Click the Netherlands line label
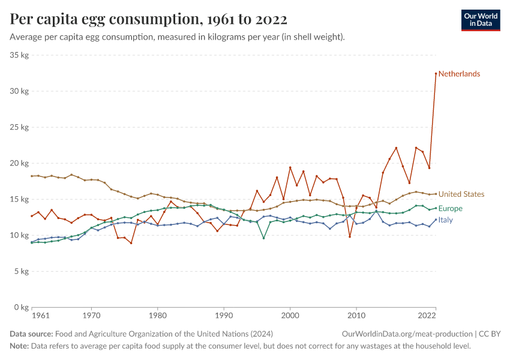coord(459,74)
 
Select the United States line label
coord(461,194)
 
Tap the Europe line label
coord(450,209)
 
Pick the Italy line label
coord(446,220)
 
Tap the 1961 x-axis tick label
coord(41,315)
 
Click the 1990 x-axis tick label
coord(224,315)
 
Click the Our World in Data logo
coord(480,20)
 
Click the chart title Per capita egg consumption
coord(148,19)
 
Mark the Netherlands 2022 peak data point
coord(436,73)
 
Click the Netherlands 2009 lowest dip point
coord(350,236)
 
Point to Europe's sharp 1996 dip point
coord(263,238)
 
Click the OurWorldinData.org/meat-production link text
coord(407,334)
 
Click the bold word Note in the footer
coord(20,346)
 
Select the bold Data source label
coord(31,334)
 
